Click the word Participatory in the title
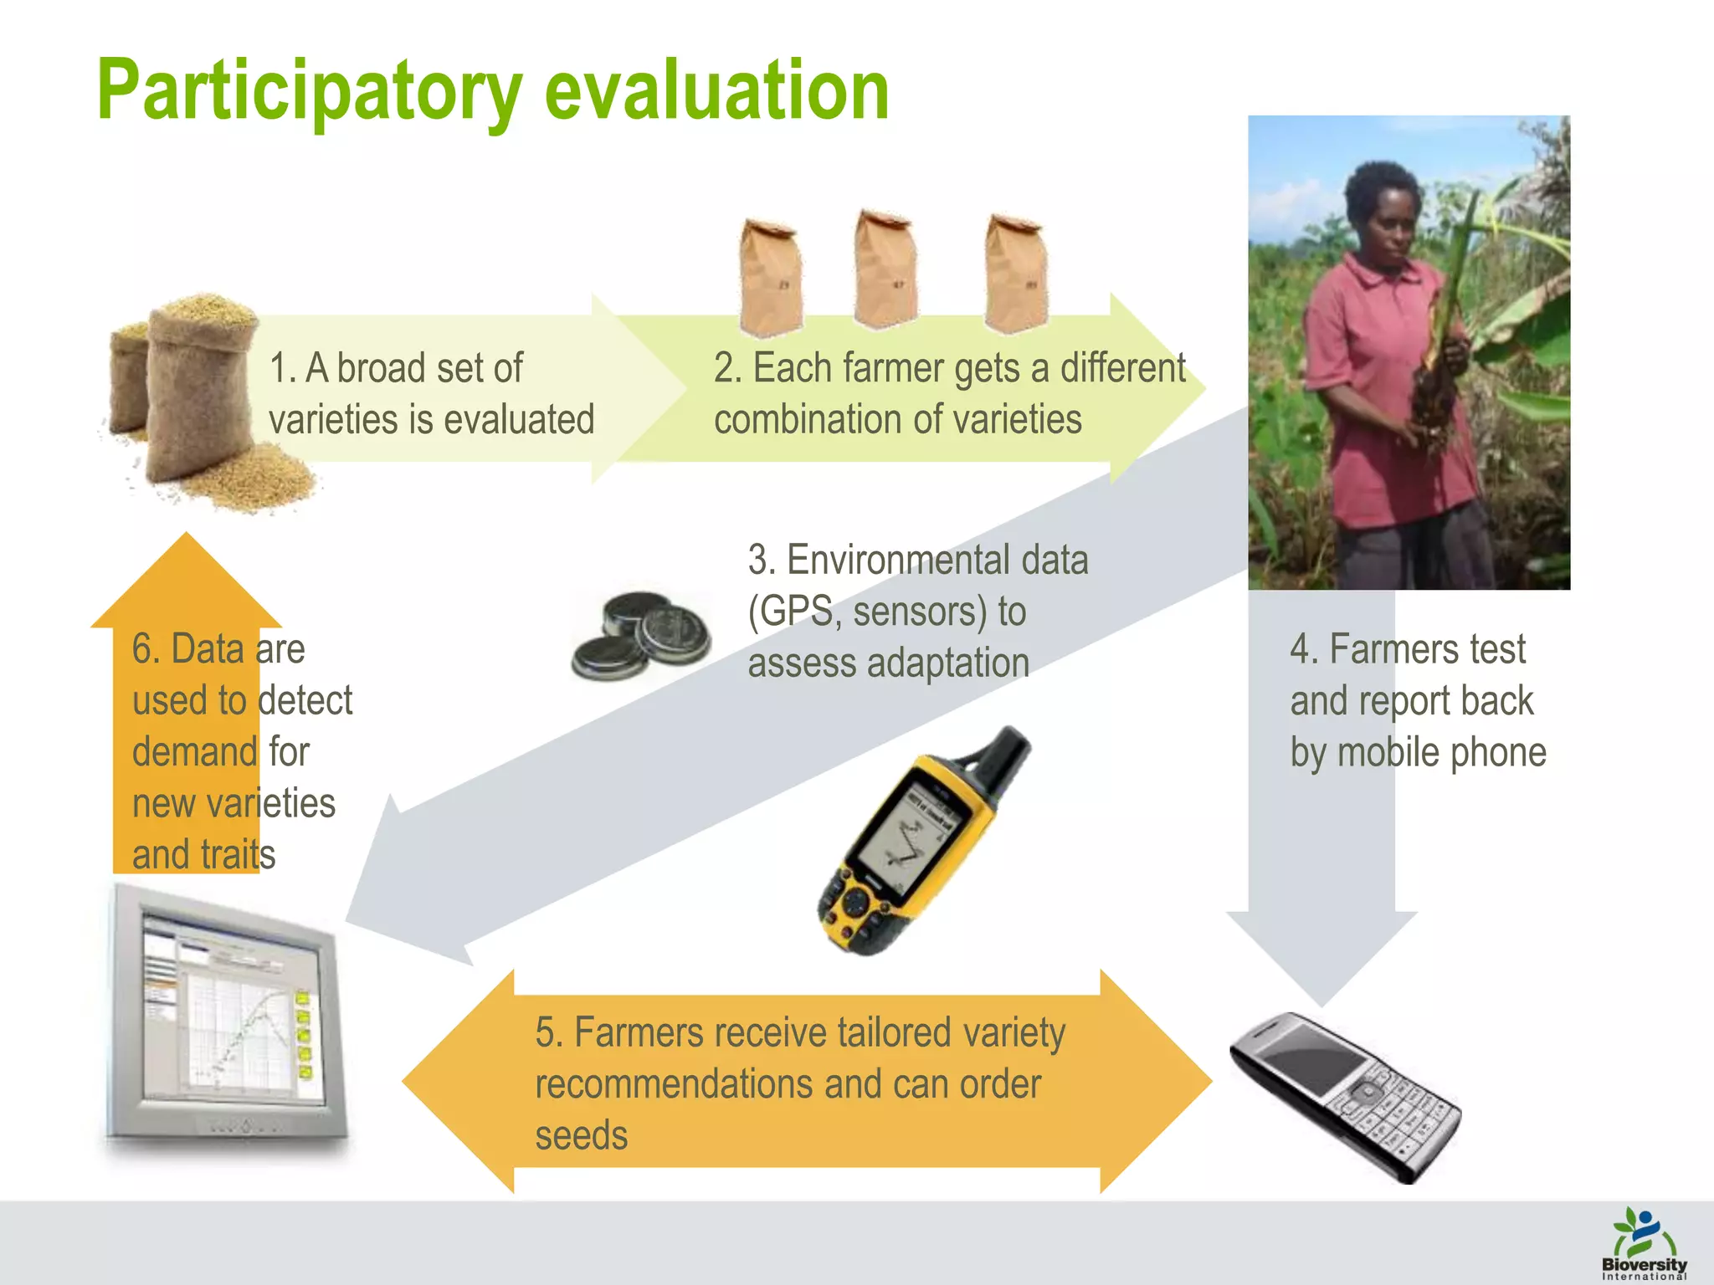tap(310, 92)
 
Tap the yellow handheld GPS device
tap(916, 845)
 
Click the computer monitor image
tap(226, 1016)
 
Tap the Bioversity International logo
tap(1644, 1243)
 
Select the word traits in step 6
tap(239, 855)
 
